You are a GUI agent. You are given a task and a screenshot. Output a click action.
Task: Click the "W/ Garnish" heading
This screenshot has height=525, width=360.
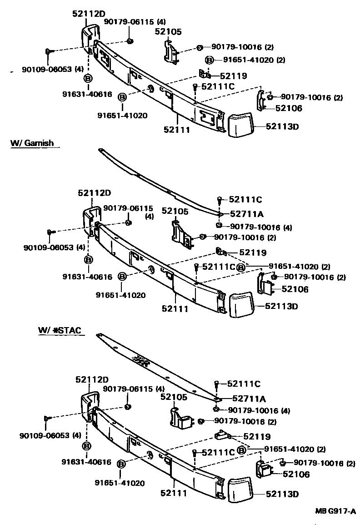(x=32, y=143)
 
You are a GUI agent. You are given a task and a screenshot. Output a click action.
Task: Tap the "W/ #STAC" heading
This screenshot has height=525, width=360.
(x=60, y=330)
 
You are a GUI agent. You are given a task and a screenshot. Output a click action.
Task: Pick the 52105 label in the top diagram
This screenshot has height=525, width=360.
(x=168, y=31)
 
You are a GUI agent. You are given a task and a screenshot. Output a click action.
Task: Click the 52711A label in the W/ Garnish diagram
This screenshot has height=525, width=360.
(x=247, y=213)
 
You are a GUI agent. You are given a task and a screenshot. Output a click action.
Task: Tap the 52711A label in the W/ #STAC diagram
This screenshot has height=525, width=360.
(x=249, y=399)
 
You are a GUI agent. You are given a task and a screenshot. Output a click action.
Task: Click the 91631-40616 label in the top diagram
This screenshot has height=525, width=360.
(x=87, y=94)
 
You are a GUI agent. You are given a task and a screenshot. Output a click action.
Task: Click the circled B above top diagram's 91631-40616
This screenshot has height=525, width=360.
(x=87, y=78)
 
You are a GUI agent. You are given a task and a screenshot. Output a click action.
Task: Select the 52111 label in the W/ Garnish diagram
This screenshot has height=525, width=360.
(x=174, y=309)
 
